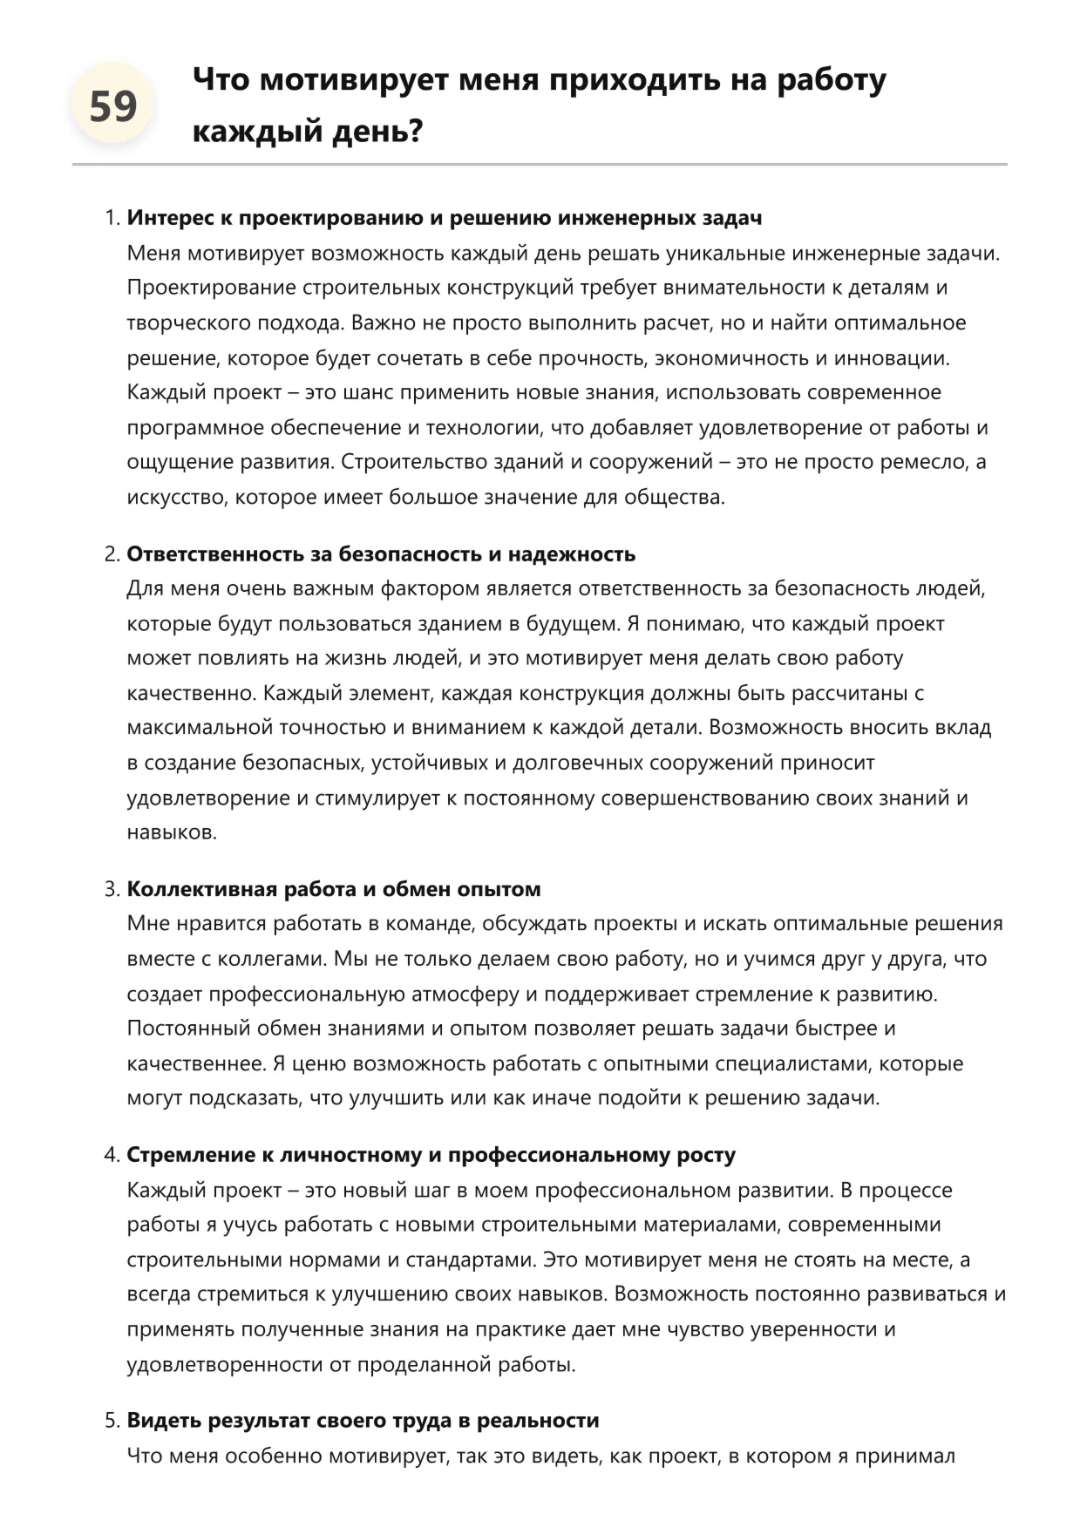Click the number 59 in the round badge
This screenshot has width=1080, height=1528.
point(113,107)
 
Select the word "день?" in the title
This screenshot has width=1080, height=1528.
point(378,132)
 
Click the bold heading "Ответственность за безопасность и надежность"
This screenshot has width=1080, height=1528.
point(381,554)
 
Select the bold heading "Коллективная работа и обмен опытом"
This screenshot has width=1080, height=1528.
point(334,889)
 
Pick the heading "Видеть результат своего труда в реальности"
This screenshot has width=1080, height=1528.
point(363,1421)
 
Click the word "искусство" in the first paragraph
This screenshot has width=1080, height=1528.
point(177,498)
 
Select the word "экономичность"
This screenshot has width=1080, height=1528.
point(731,358)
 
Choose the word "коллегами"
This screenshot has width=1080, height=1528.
point(270,959)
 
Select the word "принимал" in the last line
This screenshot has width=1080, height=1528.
point(912,1457)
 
